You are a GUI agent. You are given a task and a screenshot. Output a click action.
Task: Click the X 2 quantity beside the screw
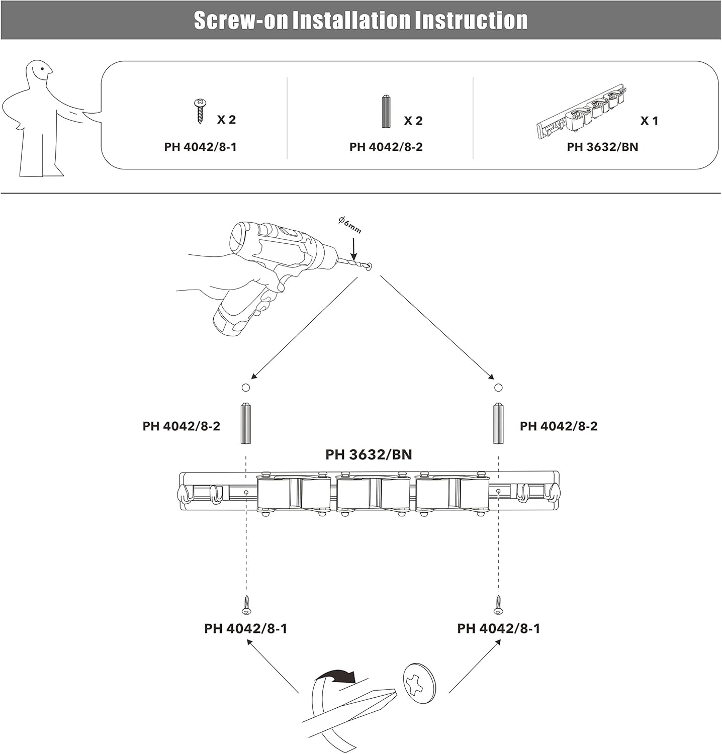[x=226, y=120]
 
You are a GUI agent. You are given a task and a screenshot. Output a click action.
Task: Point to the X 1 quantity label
[x=649, y=121]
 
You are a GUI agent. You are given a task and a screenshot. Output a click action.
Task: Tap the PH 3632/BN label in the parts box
[x=602, y=147]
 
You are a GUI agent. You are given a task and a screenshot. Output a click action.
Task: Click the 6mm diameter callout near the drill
[x=350, y=224]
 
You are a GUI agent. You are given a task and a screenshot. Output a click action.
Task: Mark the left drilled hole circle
[x=246, y=388]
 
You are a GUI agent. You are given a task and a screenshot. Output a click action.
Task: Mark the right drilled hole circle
[x=498, y=388]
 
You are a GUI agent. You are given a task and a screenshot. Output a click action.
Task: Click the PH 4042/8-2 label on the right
[x=559, y=426]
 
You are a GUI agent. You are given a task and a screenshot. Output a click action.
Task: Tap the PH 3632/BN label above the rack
[x=369, y=454]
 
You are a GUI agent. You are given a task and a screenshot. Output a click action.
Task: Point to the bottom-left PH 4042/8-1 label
[x=245, y=628]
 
